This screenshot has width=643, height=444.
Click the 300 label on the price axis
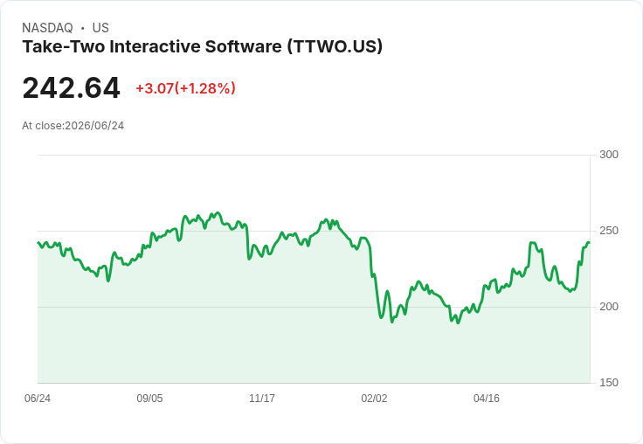(x=609, y=155)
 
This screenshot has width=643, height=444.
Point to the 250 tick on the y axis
(x=609, y=231)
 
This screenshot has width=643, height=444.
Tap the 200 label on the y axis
(x=609, y=307)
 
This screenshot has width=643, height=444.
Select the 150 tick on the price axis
(x=609, y=383)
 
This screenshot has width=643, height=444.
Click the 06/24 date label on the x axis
(x=38, y=398)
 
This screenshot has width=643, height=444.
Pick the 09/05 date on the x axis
(x=149, y=398)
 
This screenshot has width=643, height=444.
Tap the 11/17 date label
(x=262, y=398)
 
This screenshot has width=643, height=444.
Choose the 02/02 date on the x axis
(x=374, y=398)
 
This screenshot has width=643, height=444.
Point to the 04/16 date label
(x=487, y=398)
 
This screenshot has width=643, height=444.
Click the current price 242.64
(x=71, y=87)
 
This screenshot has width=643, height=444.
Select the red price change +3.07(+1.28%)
(x=186, y=88)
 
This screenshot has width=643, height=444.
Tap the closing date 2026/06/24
(x=94, y=126)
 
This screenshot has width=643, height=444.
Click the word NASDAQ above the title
(x=47, y=28)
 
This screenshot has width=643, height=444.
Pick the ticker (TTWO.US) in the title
(x=335, y=46)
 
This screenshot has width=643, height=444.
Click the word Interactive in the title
(x=155, y=46)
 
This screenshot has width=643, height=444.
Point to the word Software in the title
(x=244, y=46)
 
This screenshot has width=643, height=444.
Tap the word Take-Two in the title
(x=64, y=46)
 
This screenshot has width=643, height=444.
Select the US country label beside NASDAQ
(x=100, y=28)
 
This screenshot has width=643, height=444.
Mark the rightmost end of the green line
(x=590, y=243)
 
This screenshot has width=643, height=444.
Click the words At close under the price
(x=42, y=126)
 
